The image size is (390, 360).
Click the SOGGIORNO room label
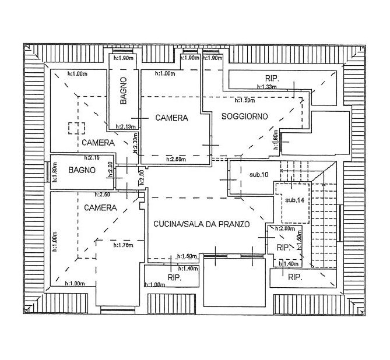pyautogui.click(x=245, y=117)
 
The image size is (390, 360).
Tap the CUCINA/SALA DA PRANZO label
pyautogui.click(x=202, y=224)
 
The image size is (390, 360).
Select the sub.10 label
pyautogui.click(x=258, y=175)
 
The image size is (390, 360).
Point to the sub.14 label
pyautogui.click(x=295, y=200)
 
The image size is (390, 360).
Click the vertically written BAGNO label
pyautogui.click(x=124, y=91)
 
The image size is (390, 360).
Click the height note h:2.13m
pyautogui.click(x=126, y=127)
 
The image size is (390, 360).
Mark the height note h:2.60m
pyautogui.click(x=177, y=159)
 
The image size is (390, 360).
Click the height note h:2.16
pyautogui.click(x=92, y=158)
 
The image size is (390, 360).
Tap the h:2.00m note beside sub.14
pyautogui.click(x=286, y=228)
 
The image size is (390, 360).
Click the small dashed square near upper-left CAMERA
pyautogui.click(x=76, y=128)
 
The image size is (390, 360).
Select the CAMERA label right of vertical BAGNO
pyautogui.click(x=171, y=118)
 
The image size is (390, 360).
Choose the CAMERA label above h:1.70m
pyautogui.click(x=100, y=207)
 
